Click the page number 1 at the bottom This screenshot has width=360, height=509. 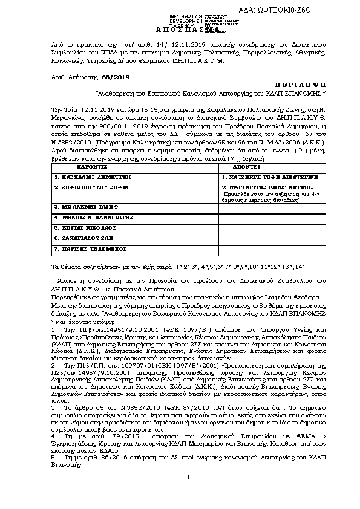pyautogui.click(x=188, y=495)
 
